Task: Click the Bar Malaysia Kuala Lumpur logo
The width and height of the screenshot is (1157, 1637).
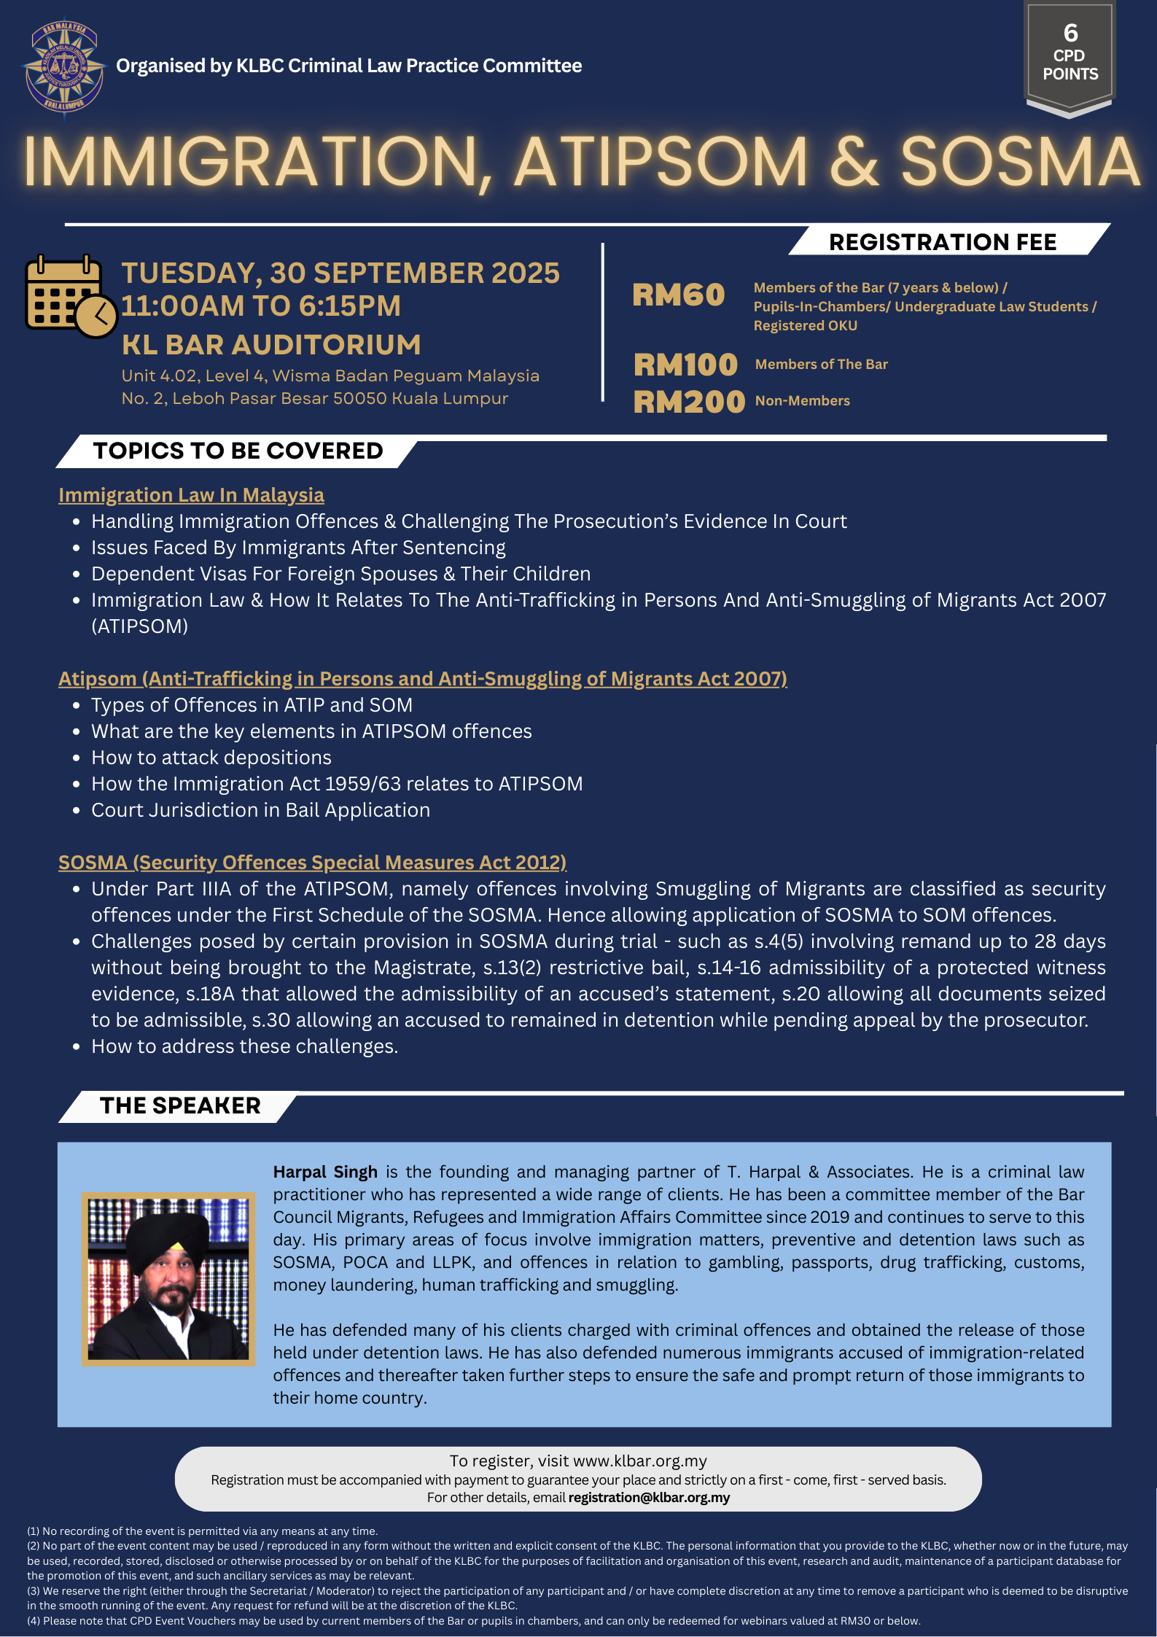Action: tap(64, 67)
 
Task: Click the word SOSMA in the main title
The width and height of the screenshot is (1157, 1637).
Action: tap(1019, 162)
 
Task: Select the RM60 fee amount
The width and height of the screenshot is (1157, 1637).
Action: tap(678, 295)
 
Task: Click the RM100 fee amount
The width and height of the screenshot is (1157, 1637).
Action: tap(685, 365)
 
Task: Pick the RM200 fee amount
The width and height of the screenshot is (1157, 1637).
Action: tap(689, 402)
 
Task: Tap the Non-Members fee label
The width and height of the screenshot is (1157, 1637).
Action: tap(802, 401)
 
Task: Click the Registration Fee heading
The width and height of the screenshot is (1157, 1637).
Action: tap(942, 242)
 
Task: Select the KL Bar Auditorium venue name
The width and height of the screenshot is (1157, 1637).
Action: tap(271, 345)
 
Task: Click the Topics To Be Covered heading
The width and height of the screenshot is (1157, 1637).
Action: tap(238, 451)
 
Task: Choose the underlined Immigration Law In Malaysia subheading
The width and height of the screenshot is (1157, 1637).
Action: tap(191, 495)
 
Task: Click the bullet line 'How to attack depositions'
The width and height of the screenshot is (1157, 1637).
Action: tap(211, 758)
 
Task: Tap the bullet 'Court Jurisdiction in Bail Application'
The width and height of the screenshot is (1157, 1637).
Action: tap(260, 810)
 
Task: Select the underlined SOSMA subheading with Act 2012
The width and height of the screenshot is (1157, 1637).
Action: tap(312, 863)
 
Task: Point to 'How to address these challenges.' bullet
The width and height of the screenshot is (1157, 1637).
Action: tap(244, 1046)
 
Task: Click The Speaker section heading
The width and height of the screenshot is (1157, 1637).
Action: tap(180, 1105)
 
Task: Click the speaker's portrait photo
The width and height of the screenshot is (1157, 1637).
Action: tap(168, 1279)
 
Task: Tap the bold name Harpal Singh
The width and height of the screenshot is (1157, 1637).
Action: tap(325, 1172)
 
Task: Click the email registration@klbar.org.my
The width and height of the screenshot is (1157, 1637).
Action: tap(649, 1497)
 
